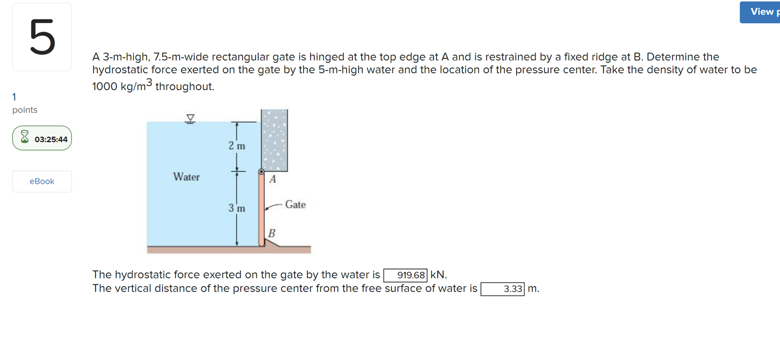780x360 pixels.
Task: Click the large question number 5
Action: (x=42, y=37)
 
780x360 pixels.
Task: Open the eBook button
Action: (x=42, y=181)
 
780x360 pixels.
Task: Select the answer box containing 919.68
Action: (x=405, y=275)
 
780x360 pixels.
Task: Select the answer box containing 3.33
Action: (x=502, y=289)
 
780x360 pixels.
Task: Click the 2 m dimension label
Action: (x=237, y=146)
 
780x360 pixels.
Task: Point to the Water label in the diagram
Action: (x=186, y=177)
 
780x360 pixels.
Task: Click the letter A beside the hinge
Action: (x=272, y=180)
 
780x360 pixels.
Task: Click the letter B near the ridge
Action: (x=271, y=233)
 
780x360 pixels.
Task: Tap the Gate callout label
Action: (x=295, y=204)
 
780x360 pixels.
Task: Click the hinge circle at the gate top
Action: (x=261, y=171)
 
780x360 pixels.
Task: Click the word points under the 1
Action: (x=25, y=110)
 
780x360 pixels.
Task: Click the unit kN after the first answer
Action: (x=438, y=275)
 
